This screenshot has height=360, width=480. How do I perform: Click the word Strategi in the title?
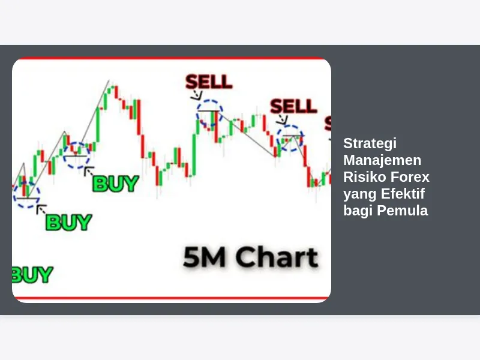(x=370, y=143)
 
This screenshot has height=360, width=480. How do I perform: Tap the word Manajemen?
(x=382, y=160)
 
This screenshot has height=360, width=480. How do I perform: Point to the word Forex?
(x=410, y=177)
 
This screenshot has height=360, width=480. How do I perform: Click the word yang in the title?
(x=360, y=194)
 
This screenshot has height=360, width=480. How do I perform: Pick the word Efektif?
(x=403, y=193)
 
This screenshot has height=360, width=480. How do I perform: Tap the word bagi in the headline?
(x=358, y=211)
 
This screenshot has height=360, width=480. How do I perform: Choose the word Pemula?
(x=402, y=211)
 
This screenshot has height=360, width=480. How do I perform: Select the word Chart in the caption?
(x=277, y=257)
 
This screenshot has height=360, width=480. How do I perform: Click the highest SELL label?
(x=209, y=82)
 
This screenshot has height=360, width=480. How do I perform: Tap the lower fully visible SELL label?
(x=293, y=106)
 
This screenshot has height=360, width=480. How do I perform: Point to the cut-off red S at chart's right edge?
(x=328, y=124)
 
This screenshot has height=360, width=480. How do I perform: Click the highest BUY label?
(x=115, y=184)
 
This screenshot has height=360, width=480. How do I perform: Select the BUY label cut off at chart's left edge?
(x=32, y=275)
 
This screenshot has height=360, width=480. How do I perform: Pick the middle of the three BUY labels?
(x=68, y=222)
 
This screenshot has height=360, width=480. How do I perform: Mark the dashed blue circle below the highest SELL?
(x=209, y=100)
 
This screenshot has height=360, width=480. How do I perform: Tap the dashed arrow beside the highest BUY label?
(x=89, y=171)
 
